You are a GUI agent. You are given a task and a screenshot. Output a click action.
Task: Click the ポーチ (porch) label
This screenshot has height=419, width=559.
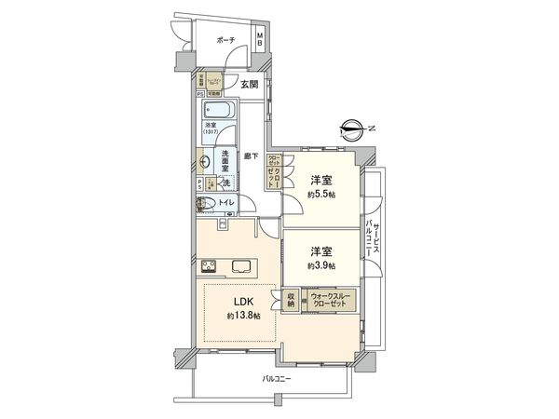click(x=224, y=40)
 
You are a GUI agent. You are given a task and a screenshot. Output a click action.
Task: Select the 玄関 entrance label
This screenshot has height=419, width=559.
click(x=249, y=85)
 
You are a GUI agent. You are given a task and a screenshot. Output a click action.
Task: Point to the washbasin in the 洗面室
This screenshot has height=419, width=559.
click(x=204, y=160)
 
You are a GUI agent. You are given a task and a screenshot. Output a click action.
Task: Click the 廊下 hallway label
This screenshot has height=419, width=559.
click(x=251, y=157)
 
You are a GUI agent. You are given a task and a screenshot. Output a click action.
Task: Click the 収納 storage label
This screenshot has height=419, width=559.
click(x=291, y=300)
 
